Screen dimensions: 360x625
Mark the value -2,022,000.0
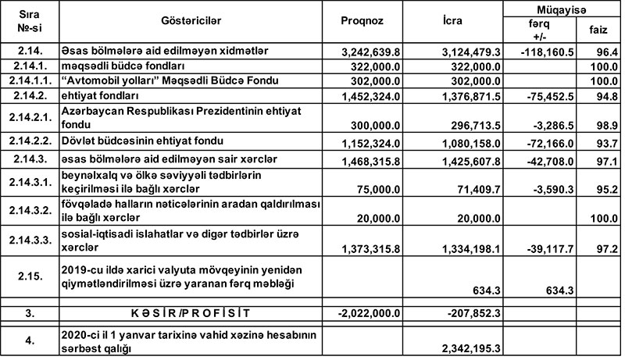pyautogui.click(x=367, y=313)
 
